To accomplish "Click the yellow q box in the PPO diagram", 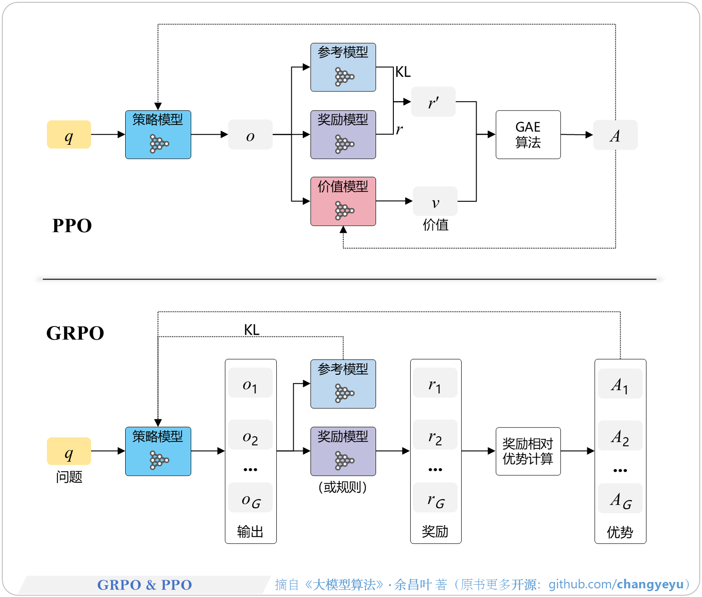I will [69, 134].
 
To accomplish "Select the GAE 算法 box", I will [528, 134].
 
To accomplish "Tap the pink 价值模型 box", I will [343, 201].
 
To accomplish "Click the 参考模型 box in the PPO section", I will [343, 67].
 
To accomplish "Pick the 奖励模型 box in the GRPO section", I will [343, 451].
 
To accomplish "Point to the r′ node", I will [433, 102].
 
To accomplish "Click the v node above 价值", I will [435, 201].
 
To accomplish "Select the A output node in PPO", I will [615, 135].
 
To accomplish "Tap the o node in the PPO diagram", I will [250, 134].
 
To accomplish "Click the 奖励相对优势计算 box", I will [528, 451].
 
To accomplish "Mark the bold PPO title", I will [72, 225].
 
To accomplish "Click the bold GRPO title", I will [75, 333].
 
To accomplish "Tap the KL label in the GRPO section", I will [252, 329].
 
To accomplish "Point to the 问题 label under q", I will [69, 477].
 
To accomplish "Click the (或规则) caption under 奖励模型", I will [343, 487].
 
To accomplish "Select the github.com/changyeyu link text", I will [616, 584].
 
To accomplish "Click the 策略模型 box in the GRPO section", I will [158, 451].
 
